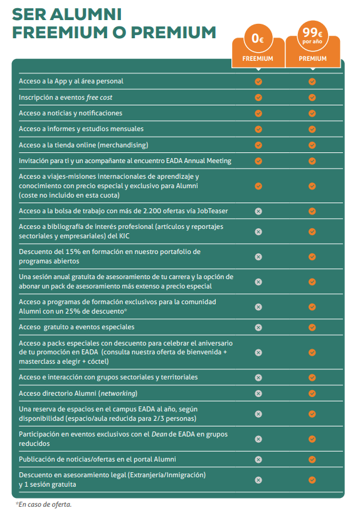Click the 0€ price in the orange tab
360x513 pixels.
258,38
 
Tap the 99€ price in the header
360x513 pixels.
312,33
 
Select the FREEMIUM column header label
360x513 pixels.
258,59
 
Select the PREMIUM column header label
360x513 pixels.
312,59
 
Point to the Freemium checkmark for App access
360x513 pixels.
258,81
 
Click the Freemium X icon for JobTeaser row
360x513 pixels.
258,211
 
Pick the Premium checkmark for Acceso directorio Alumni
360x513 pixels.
312,393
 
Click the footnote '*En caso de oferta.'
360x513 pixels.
44,504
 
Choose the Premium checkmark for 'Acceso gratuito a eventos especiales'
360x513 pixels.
312,327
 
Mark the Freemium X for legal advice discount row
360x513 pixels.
258,480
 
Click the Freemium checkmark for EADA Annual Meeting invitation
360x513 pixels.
258,161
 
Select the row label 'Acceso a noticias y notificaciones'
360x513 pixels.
70,113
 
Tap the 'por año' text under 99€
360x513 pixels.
312,42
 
